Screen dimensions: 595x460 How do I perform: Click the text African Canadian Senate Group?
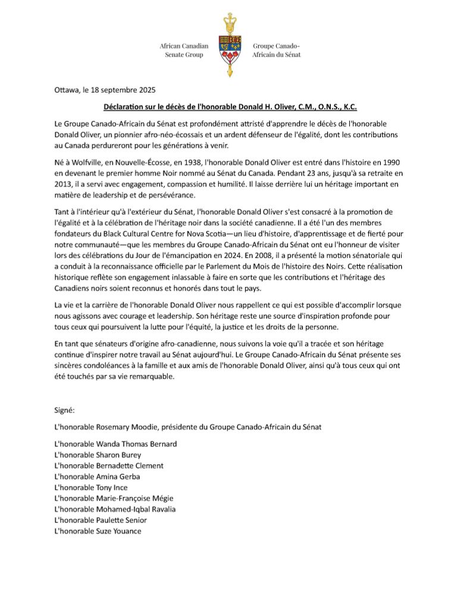tap(184, 50)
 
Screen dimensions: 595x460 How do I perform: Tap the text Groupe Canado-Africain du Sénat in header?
tap(276, 50)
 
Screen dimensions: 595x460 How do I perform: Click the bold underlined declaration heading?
tap(230, 107)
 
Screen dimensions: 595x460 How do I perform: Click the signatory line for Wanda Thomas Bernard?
tap(115, 444)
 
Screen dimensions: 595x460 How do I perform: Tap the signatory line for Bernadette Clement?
tap(108, 465)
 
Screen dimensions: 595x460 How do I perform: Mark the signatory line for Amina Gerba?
tap(98, 477)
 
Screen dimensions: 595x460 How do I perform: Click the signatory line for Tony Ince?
tap(90, 487)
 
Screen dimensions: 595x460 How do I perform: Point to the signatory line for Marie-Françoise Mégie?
tap(114, 498)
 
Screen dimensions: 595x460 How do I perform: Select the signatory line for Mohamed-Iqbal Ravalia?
tap(114, 509)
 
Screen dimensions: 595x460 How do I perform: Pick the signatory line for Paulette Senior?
tap(99, 520)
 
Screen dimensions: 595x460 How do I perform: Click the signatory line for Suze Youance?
tap(98, 531)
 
